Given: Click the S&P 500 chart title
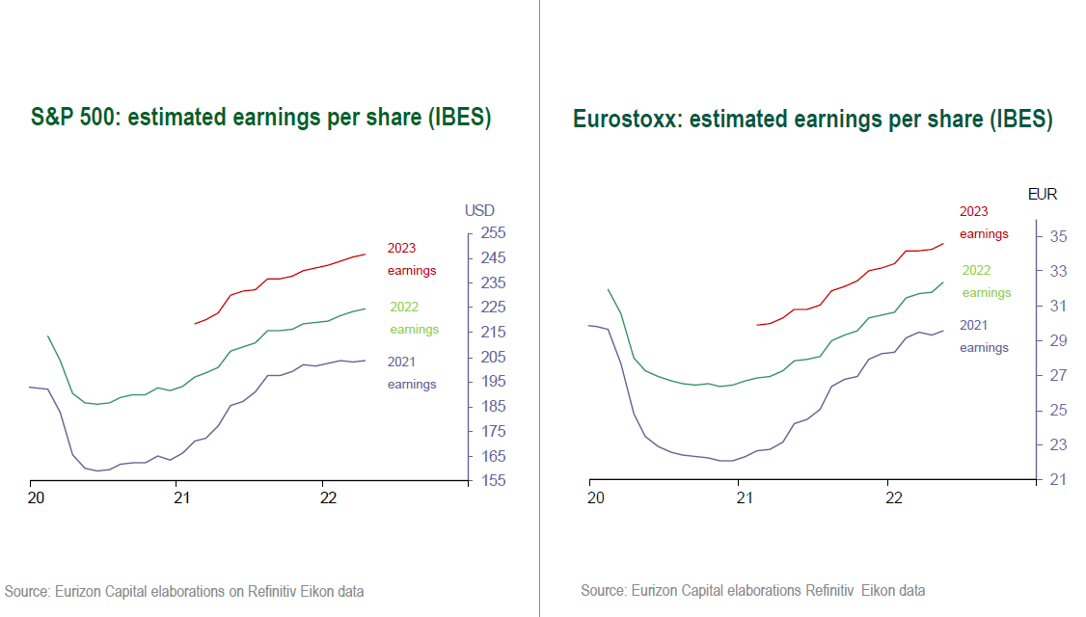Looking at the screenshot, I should click(x=260, y=118).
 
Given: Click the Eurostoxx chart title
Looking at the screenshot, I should click(x=812, y=120).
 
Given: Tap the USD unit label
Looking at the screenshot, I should click(x=479, y=210).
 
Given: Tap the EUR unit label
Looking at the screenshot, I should click(x=1043, y=194).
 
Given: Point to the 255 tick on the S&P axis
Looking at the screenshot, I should click(x=494, y=233).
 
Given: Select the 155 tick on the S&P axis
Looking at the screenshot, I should click(x=494, y=481).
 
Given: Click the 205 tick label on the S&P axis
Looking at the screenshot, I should click(x=494, y=357).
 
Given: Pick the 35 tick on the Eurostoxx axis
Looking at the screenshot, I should click(x=1057, y=236).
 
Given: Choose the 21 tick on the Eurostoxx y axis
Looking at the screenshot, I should click(x=1057, y=479).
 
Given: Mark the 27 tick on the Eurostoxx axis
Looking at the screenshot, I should click(x=1057, y=375).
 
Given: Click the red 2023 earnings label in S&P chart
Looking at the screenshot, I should click(x=412, y=259).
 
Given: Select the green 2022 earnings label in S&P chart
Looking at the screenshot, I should click(x=414, y=318).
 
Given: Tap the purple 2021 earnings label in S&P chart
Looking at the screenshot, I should click(x=412, y=373).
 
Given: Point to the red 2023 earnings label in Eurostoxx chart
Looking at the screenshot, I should click(x=984, y=223).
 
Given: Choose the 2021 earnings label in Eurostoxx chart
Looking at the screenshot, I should click(x=984, y=336).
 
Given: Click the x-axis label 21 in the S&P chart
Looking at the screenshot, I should click(x=181, y=498).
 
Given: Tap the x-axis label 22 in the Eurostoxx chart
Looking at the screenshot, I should click(x=894, y=498).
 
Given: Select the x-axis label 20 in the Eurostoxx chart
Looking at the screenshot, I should click(x=596, y=498).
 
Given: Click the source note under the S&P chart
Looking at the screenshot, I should click(x=184, y=591).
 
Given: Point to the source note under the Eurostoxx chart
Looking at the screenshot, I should click(x=752, y=590).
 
